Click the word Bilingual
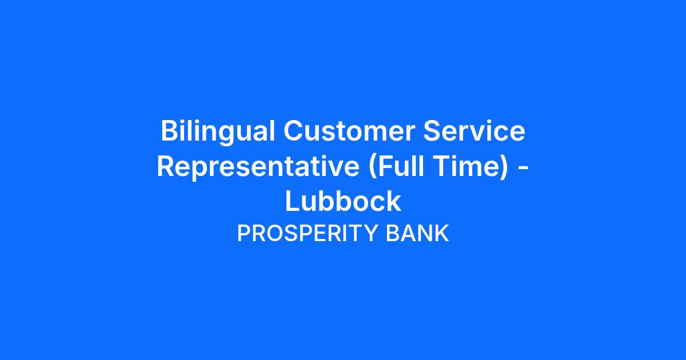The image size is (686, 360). click(x=218, y=131)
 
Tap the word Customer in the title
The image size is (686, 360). click(x=349, y=131)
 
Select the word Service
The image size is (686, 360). click(x=474, y=131)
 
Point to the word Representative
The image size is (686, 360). click(x=258, y=167)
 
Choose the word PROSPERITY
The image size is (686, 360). click(x=307, y=233)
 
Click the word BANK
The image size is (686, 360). click(x=417, y=233)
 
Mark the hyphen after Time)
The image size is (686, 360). click(x=524, y=169)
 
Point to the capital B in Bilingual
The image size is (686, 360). click(x=170, y=131)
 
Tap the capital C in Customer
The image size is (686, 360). click(x=293, y=131)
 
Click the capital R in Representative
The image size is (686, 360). click(x=166, y=166)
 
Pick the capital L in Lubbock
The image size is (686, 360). click(x=293, y=201)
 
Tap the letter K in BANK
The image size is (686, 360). click(x=441, y=233)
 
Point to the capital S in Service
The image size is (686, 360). click(x=432, y=131)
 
